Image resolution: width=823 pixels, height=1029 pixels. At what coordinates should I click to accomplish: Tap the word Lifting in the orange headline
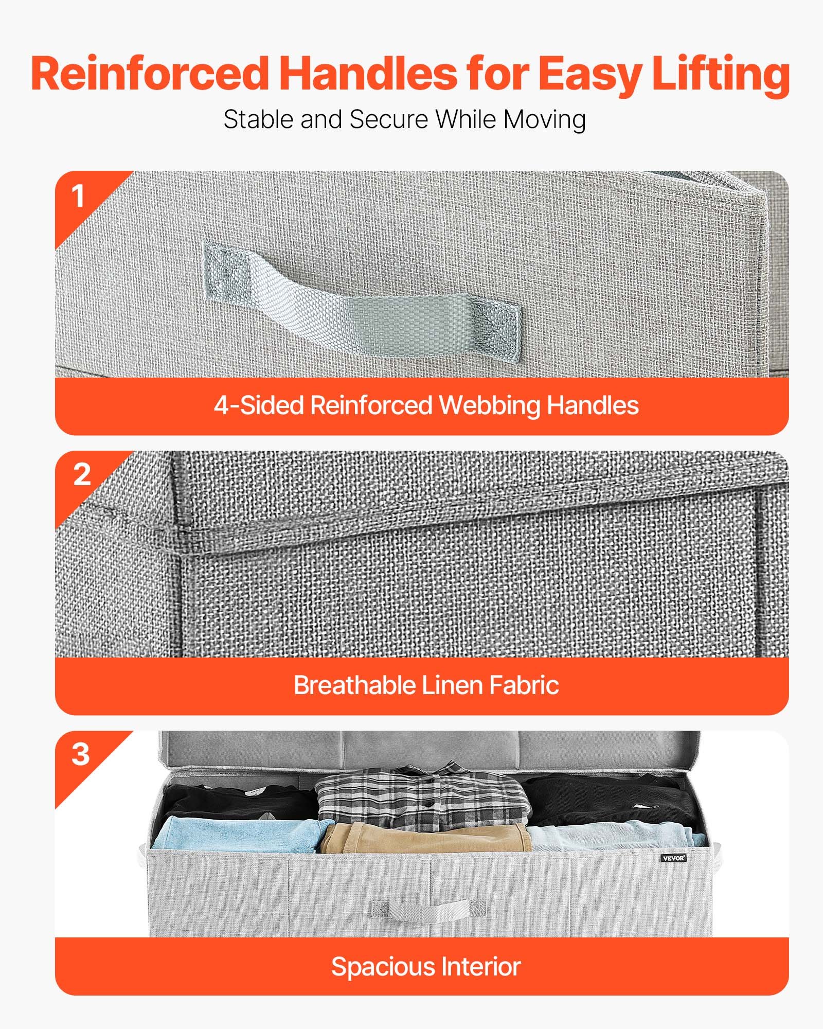[x=720, y=75]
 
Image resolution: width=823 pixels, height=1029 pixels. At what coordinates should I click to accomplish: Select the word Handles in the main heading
[x=368, y=74]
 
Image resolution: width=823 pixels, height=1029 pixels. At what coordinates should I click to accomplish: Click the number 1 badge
[x=78, y=197]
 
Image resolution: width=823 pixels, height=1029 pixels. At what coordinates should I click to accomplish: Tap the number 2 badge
[x=82, y=475]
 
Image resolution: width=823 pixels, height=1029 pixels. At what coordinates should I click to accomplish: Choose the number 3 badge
[x=81, y=755]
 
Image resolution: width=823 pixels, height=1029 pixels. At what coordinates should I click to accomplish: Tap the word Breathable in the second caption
[x=354, y=685]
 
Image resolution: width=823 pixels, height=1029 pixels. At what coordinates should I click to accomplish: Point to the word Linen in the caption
[x=452, y=685]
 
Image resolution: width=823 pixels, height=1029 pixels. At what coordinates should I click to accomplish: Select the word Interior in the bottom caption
[x=481, y=966]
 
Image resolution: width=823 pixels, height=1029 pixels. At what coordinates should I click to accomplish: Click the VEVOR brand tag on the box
[x=674, y=858]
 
